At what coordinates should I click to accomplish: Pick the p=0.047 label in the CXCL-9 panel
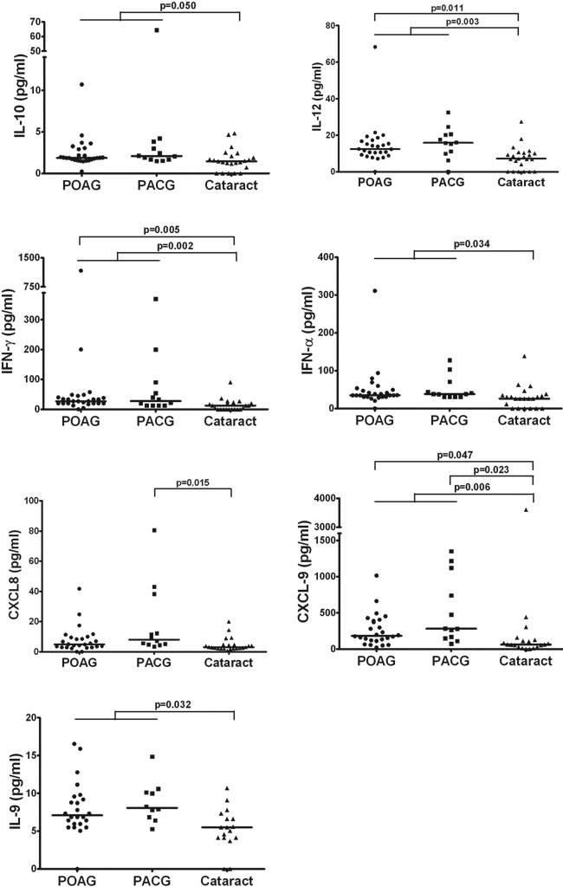coord(454,453)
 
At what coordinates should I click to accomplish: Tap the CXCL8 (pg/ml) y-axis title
coord(15,576)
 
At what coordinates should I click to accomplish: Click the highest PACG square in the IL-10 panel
coord(157,30)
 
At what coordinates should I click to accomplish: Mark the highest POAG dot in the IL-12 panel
coord(376,47)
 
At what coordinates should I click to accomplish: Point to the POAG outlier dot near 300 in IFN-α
coord(376,291)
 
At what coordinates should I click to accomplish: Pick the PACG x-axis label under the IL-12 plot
coord(450,184)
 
